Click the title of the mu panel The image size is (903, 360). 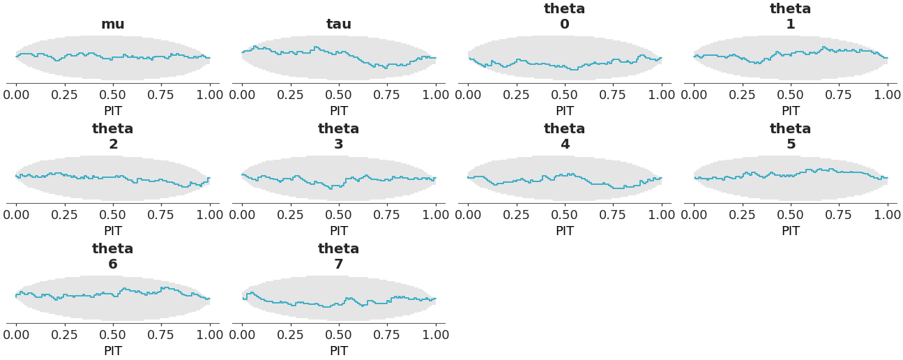tap(113, 24)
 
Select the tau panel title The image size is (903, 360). tap(339, 24)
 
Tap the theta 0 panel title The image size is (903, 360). tap(565, 17)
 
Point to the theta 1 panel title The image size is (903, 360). tap(791, 17)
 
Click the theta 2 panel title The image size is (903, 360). tap(113, 137)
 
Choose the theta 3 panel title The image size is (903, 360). tap(339, 137)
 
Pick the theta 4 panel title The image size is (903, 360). tap(565, 137)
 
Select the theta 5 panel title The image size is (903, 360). tap(791, 137)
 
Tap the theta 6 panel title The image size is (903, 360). tap(113, 257)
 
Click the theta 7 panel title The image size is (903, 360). tap(339, 257)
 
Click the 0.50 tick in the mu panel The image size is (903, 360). tap(113, 94)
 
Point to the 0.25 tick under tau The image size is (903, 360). tap(291, 94)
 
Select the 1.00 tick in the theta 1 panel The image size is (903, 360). tap(888, 94)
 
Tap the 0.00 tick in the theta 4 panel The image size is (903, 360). tap(468, 214)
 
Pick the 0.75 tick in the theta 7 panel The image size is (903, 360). tap(387, 334)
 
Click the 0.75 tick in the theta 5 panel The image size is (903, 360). tap(839, 214)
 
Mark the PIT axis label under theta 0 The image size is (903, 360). tap(565, 111)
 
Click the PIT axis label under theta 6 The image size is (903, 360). tap(113, 351)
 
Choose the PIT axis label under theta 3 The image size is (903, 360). tap(339, 231)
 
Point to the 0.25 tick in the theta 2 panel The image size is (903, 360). tap(65, 214)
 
